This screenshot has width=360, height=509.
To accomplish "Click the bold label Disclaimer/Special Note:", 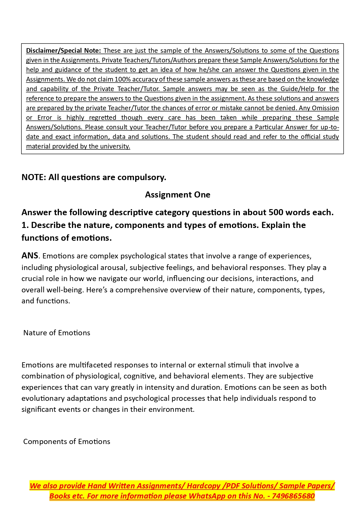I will [64, 50].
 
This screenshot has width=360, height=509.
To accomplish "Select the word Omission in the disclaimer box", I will [325, 108].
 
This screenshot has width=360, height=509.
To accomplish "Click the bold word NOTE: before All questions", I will [34, 177].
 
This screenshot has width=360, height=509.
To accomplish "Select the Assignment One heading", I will [178, 195].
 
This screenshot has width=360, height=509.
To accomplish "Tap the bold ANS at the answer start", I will [30, 256].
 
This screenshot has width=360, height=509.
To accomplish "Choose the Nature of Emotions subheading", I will [57, 333].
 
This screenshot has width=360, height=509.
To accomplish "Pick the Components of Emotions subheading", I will [67, 441].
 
